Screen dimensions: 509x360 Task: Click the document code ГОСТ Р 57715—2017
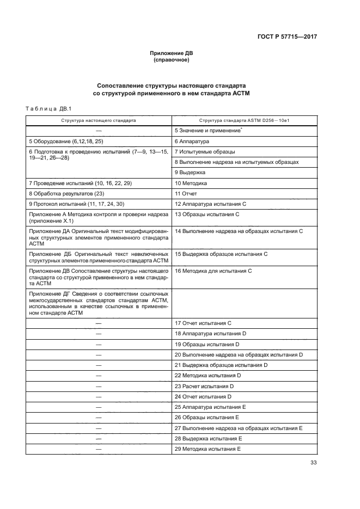287,36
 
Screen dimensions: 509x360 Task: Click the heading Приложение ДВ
172,53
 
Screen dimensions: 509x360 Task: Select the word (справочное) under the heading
172,60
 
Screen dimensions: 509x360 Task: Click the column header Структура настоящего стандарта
99,120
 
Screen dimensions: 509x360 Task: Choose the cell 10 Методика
191,183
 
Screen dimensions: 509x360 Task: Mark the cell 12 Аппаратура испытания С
210,204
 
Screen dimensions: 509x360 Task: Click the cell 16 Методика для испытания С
213,271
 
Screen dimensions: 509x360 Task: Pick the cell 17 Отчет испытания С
203,323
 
